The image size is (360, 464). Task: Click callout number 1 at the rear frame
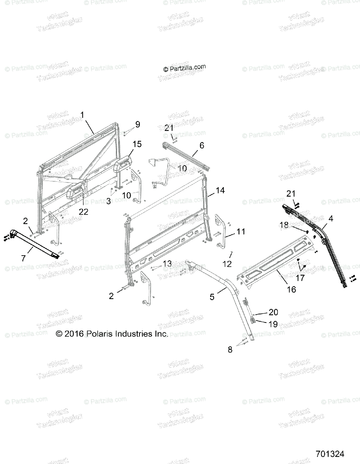(x=82, y=114)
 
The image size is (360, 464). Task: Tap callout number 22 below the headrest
(x=83, y=212)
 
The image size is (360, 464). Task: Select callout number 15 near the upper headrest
(x=137, y=144)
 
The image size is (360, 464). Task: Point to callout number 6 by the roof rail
(x=202, y=145)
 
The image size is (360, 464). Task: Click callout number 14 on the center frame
(x=220, y=190)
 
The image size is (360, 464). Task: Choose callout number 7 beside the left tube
(x=24, y=258)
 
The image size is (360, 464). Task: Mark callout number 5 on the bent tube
(x=212, y=297)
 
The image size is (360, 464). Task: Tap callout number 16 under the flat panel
(x=292, y=289)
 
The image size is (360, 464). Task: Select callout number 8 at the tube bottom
(x=230, y=350)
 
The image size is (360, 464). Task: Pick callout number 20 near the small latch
(x=273, y=312)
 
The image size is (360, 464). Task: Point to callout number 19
(x=273, y=324)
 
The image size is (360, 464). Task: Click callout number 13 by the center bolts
(x=167, y=263)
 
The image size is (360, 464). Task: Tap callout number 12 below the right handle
(x=227, y=264)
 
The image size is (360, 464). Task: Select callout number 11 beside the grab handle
(x=241, y=232)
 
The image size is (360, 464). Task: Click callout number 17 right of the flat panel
(x=300, y=277)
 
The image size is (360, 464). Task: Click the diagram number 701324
(x=329, y=454)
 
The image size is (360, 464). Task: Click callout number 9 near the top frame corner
(x=138, y=125)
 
